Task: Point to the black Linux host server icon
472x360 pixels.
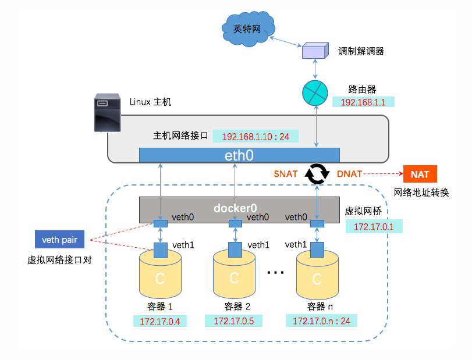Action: [108, 113]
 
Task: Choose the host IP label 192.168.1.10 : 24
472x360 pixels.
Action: [255, 136]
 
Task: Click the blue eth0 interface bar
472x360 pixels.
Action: [239, 155]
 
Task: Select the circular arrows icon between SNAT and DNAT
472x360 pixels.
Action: [318, 174]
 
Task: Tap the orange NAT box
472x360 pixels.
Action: [420, 174]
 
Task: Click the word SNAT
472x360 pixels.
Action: [286, 174]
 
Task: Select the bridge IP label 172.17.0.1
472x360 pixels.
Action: [370, 226]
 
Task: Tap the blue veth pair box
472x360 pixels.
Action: [59, 238]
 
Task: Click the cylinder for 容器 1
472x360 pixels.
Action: [159, 276]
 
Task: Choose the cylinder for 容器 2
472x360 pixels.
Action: [234, 276]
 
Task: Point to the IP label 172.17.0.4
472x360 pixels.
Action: [159, 320]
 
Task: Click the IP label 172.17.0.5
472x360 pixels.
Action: [233, 320]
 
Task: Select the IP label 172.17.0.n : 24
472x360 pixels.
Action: [321, 320]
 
